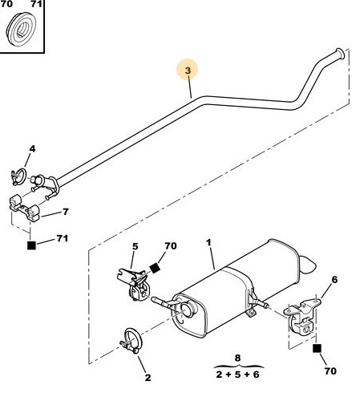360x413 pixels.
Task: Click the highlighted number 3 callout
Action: pyautogui.click(x=188, y=71)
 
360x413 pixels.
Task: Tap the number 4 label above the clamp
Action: pyautogui.click(x=32, y=149)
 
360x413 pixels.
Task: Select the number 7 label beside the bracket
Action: pyautogui.click(x=66, y=212)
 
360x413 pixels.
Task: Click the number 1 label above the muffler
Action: pyautogui.click(x=208, y=242)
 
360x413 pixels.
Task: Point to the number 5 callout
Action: pyautogui.click(x=136, y=246)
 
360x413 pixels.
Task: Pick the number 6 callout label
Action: pyautogui.click(x=334, y=280)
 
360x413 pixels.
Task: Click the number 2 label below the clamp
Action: pyautogui.click(x=148, y=378)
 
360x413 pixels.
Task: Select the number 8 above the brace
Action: pyautogui.click(x=237, y=358)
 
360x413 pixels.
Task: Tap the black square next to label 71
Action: pyautogui.click(x=31, y=245)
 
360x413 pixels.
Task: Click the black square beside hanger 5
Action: pyautogui.click(x=155, y=268)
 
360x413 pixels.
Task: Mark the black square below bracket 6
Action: pyautogui.click(x=317, y=348)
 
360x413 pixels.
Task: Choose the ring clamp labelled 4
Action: pyautogui.click(x=19, y=176)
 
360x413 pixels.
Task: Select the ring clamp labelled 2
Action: pyautogui.click(x=131, y=341)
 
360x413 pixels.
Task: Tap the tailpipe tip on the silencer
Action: pyautogui.click(x=308, y=265)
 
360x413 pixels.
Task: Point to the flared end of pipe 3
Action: pyautogui.click(x=340, y=54)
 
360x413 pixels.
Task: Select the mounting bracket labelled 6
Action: pyautogui.click(x=302, y=317)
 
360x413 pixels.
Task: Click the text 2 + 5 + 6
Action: pyautogui.click(x=237, y=375)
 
